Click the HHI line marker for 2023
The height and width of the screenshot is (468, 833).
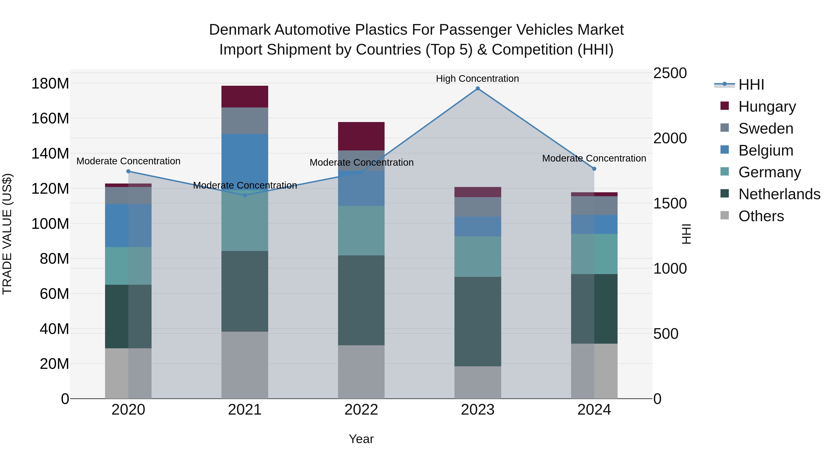[x=478, y=89]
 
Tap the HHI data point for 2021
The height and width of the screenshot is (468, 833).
[x=245, y=195]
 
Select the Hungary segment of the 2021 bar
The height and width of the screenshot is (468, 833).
[x=245, y=97]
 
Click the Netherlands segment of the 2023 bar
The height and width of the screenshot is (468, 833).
[x=478, y=321]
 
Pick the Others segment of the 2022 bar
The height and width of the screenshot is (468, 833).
[x=361, y=372]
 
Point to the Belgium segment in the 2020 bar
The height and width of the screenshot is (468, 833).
[x=128, y=225]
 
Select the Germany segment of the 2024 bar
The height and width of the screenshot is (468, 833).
[x=594, y=254]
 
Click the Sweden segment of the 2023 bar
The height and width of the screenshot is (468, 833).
[x=478, y=207]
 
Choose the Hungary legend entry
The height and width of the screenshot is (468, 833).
[x=767, y=107]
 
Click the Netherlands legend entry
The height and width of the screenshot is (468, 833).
[x=779, y=194]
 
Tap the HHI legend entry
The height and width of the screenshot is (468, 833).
[x=751, y=85]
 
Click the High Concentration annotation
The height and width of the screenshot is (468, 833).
[x=477, y=79]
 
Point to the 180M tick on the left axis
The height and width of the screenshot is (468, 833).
[x=50, y=84]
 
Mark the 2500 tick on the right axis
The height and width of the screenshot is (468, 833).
[x=670, y=73]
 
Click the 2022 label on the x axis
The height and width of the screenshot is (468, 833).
[x=361, y=410]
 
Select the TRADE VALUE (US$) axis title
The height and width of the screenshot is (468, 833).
[x=7, y=234]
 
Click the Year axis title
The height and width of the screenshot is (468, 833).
[x=361, y=439]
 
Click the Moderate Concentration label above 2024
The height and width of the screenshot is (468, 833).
[x=594, y=158]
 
